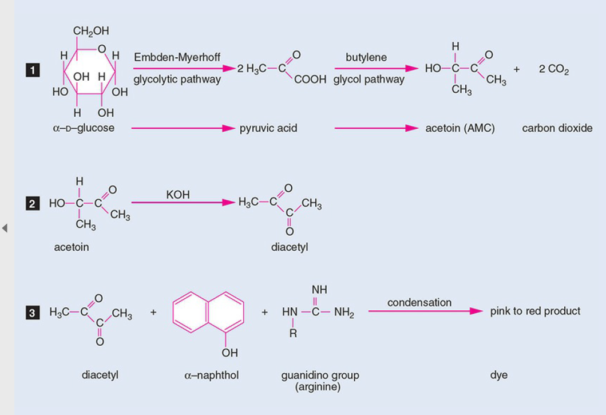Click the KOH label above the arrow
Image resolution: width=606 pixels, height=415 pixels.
coord(178,195)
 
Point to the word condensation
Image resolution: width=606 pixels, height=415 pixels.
coord(419,302)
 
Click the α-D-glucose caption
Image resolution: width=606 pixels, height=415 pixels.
coord(84,128)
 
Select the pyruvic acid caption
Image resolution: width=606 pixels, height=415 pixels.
coord(268,128)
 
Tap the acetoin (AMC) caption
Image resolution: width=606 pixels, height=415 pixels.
coord(460,128)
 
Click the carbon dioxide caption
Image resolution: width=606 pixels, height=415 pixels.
coord(557,128)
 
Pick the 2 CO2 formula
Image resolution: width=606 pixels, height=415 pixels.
coord(553,70)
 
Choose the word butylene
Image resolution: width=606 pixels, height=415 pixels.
coord(366,57)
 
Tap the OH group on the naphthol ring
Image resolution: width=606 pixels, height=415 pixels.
coord(229,353)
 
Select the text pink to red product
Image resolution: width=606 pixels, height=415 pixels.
coord(535,311)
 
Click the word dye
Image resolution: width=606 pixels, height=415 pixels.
coord(498,376)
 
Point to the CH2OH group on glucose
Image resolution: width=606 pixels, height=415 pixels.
coord(91,31)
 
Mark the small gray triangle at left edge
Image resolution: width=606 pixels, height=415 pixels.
coord(5,228)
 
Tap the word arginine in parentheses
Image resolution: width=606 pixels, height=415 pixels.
coord(318,387)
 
